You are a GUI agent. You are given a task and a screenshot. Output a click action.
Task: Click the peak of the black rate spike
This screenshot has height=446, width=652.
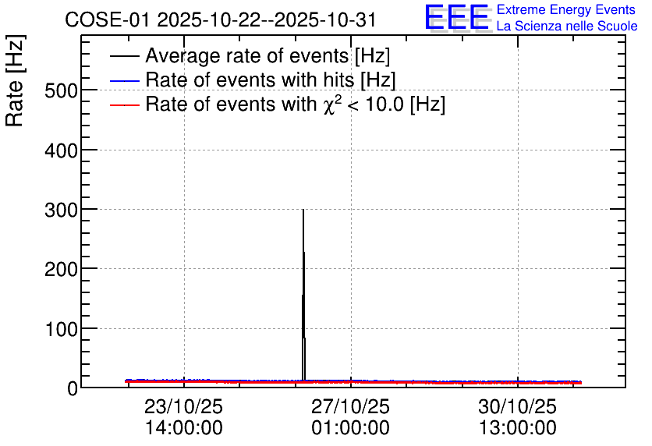click(x=303, y=210)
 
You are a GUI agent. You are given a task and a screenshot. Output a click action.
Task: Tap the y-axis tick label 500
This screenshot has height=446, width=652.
click(x=61, y=91)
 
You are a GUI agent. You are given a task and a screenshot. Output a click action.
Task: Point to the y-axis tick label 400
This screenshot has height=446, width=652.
click(x=61, y=150)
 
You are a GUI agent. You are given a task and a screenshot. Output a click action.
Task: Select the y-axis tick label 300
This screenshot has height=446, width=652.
click(x=61, y=211)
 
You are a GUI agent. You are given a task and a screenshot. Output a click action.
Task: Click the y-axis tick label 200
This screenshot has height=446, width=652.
click(x=61, y=270)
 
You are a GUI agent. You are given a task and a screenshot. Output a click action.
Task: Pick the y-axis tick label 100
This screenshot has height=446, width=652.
click(x=61, y=330)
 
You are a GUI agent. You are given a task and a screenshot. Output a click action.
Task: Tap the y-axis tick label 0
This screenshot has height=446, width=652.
click(x=73, y=389)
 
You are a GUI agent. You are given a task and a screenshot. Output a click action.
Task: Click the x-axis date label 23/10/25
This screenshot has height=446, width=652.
click(x=184, y=406)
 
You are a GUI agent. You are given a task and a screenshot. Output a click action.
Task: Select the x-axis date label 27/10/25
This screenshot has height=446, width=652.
click(x=350, y=406)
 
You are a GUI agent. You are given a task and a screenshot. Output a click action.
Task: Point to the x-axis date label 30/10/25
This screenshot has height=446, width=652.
click(x=517, y=406)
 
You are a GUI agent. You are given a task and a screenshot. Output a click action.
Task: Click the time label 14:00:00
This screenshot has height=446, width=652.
click(x=184, y=428)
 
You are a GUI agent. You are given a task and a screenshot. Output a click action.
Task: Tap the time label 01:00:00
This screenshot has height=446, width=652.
click(x=350, y=428)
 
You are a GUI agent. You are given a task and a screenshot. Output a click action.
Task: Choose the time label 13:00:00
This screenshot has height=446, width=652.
click(x=518, y=428)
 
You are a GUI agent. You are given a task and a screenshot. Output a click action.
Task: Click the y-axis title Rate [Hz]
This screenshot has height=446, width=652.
click(x=15, y=80)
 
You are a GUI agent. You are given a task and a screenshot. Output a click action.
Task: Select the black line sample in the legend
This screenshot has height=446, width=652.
click(x=125, y=56)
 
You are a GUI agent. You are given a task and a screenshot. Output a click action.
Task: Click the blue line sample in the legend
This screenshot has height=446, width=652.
click(x=125, y=80)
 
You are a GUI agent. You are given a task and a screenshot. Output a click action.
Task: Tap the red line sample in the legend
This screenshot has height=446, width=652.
click(x=125, y=105)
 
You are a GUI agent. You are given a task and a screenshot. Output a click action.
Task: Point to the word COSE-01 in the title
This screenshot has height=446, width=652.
click(x=107, y=20)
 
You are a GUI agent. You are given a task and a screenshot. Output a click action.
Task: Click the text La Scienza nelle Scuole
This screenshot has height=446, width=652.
click(x=567, y=27)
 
